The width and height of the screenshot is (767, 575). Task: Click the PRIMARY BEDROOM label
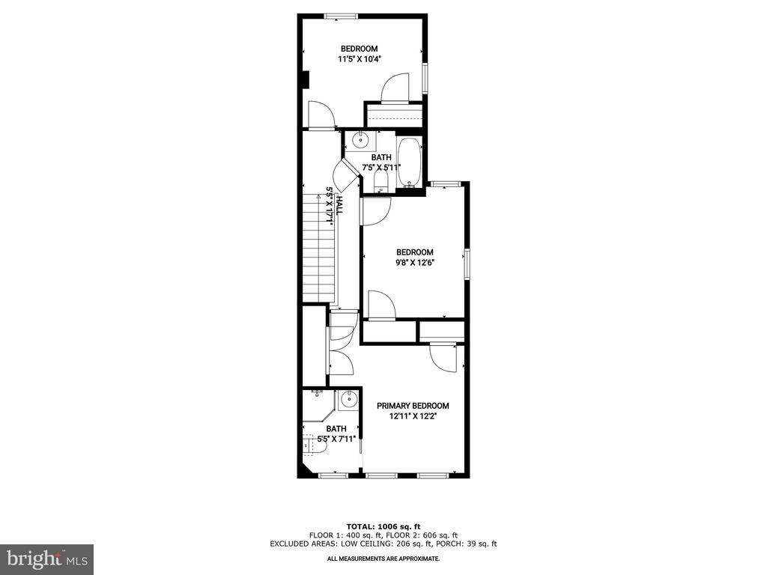(x=413, y=406)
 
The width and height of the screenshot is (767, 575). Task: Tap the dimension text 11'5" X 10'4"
(x=359, y=59)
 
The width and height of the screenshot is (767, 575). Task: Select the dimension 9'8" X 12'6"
(x=415, y=263)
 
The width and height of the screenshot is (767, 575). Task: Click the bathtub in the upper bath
(x=409, y=162)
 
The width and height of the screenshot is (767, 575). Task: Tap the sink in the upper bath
(x=361, y=140)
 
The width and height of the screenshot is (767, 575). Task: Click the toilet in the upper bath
(x=381, y=183)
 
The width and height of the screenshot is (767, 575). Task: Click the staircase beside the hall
(x=318, y=247)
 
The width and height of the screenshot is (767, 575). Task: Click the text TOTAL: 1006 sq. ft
(x=383, y=526)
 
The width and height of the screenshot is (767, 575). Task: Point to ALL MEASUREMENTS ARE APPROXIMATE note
(x=383, y=559)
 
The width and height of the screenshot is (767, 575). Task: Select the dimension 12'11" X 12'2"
(x=413, y=416)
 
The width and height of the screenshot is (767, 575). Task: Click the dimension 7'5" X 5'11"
(x=381, y=167)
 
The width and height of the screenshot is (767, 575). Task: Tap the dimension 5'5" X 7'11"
(x=336, y=439)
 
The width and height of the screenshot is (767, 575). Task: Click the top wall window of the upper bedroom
(x=342, y=16)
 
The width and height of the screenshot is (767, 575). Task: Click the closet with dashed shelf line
(x=394, y=115)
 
